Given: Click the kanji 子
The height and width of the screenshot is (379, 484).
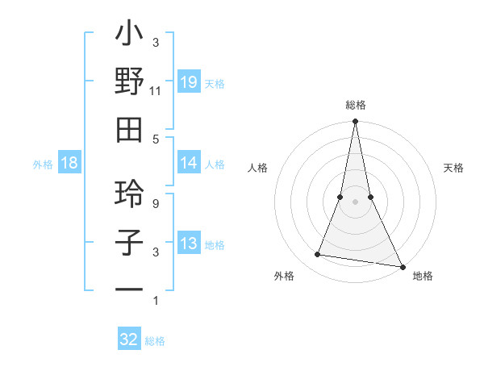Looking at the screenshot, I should [129, 243].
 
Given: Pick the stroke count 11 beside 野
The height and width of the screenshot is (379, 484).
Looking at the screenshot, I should [155, 91].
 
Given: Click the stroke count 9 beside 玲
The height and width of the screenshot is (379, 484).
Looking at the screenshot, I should [155, 204].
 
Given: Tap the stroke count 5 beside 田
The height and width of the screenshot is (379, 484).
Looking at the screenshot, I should [155, 139].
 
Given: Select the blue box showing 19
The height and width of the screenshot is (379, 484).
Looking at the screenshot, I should [188, 81].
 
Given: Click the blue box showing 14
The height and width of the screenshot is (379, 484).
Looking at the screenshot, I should [188, 163].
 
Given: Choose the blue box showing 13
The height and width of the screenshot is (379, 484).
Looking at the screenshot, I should [188, 244].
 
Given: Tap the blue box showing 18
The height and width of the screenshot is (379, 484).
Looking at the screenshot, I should [69, 163].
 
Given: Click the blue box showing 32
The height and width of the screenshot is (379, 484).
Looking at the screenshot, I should [129, 339].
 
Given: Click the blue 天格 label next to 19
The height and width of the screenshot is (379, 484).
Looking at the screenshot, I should [215, 83].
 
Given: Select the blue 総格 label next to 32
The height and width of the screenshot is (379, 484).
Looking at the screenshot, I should [155, 341].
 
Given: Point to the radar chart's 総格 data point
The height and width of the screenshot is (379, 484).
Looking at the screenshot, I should [355, 123].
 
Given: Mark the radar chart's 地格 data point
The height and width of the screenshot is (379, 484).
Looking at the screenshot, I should [401, 266].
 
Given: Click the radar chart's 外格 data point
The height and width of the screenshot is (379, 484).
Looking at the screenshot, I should [318, 255].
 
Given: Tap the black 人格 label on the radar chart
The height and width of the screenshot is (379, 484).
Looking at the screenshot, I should [257, 168].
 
